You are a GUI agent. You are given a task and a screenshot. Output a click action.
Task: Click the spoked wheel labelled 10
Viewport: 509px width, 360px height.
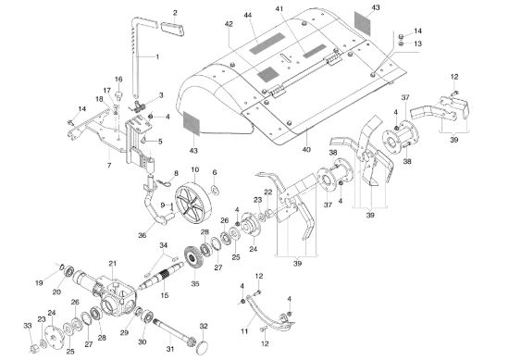pyautogui.click(x=192, y=201)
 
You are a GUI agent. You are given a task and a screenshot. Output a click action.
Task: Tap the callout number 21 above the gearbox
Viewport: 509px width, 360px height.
pyautogui.click(x=112, y=264)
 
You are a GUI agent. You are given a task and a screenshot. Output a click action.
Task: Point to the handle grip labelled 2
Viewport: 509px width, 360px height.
pyautogui.click(x=173, y=29)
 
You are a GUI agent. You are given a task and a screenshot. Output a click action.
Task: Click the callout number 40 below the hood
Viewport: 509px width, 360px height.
pyautogui.click(x=306, y=150)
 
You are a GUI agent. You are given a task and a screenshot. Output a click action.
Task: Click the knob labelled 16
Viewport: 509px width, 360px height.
pyautogui.click(x=119, y=94)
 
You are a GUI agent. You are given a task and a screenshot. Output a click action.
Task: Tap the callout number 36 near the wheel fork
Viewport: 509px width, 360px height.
pyautogui.click(x=142, y=235)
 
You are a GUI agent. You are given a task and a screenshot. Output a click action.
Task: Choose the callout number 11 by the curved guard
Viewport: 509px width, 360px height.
pyautogui.click(x=244, y=331)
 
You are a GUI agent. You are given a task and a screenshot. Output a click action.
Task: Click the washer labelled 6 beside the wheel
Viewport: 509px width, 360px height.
pyautogui.click(x=215, y=190)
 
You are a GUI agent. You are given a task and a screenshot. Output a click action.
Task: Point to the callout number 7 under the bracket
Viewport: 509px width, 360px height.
pyautogui.click(x=109, y=166)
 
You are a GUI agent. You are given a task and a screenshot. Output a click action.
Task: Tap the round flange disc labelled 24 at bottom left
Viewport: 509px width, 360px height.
pyautogui.click(x=52, y=335)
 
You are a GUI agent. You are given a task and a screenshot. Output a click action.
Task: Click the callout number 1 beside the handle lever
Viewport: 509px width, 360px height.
pyautogui.click(x=157, y=57)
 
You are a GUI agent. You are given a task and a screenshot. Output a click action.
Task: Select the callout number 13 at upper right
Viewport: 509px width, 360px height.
pyautogui.click(x=417, y=43)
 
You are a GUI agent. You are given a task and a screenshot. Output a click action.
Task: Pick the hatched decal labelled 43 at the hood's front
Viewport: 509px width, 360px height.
pyautogui.click(x=192, y=123)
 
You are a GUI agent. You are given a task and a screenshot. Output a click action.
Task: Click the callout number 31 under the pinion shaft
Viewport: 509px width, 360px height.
pyautogui.click(x=170, y=349)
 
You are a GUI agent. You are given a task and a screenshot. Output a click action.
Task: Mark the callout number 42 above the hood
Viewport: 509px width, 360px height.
pyautogui.click(x=229, y=24)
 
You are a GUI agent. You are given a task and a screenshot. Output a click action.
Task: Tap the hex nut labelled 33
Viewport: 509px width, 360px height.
pyautogui.click(x=34, y=349)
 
